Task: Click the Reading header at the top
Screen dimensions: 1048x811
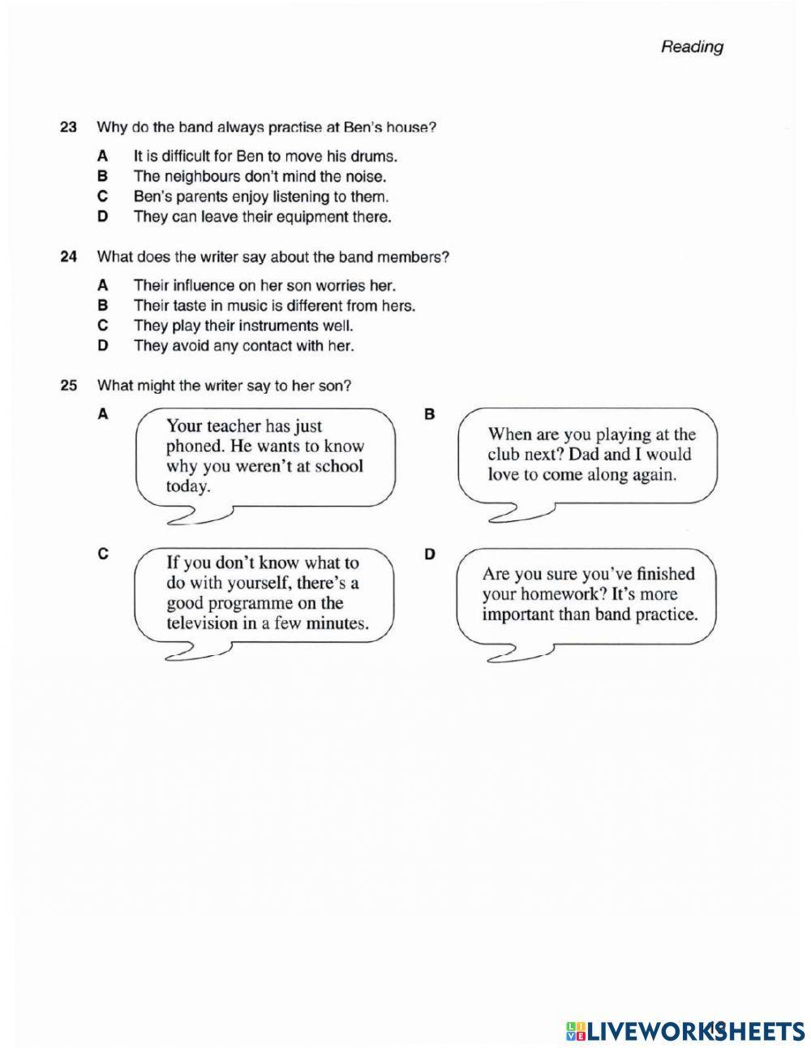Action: tap(691, 47)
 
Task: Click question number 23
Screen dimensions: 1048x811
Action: tap(68, 127)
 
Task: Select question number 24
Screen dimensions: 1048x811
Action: tap(68, 257)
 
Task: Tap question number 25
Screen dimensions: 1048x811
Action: tap(68, 386)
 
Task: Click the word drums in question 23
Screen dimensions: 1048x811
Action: tap(375, 156)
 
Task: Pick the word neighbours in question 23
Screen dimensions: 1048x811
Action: tap(202, 176)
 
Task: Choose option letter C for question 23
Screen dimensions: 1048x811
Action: tap(102, 196)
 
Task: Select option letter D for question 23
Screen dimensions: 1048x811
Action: tap(102, 217)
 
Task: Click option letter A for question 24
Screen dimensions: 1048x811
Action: tap(102, 286)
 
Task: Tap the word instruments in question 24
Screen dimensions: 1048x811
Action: tap(277, 326)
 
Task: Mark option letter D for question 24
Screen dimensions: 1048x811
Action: tap(102, 347)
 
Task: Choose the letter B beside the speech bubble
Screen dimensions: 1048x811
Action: tap(430, 415)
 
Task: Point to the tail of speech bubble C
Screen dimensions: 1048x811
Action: tap(195, 652)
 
